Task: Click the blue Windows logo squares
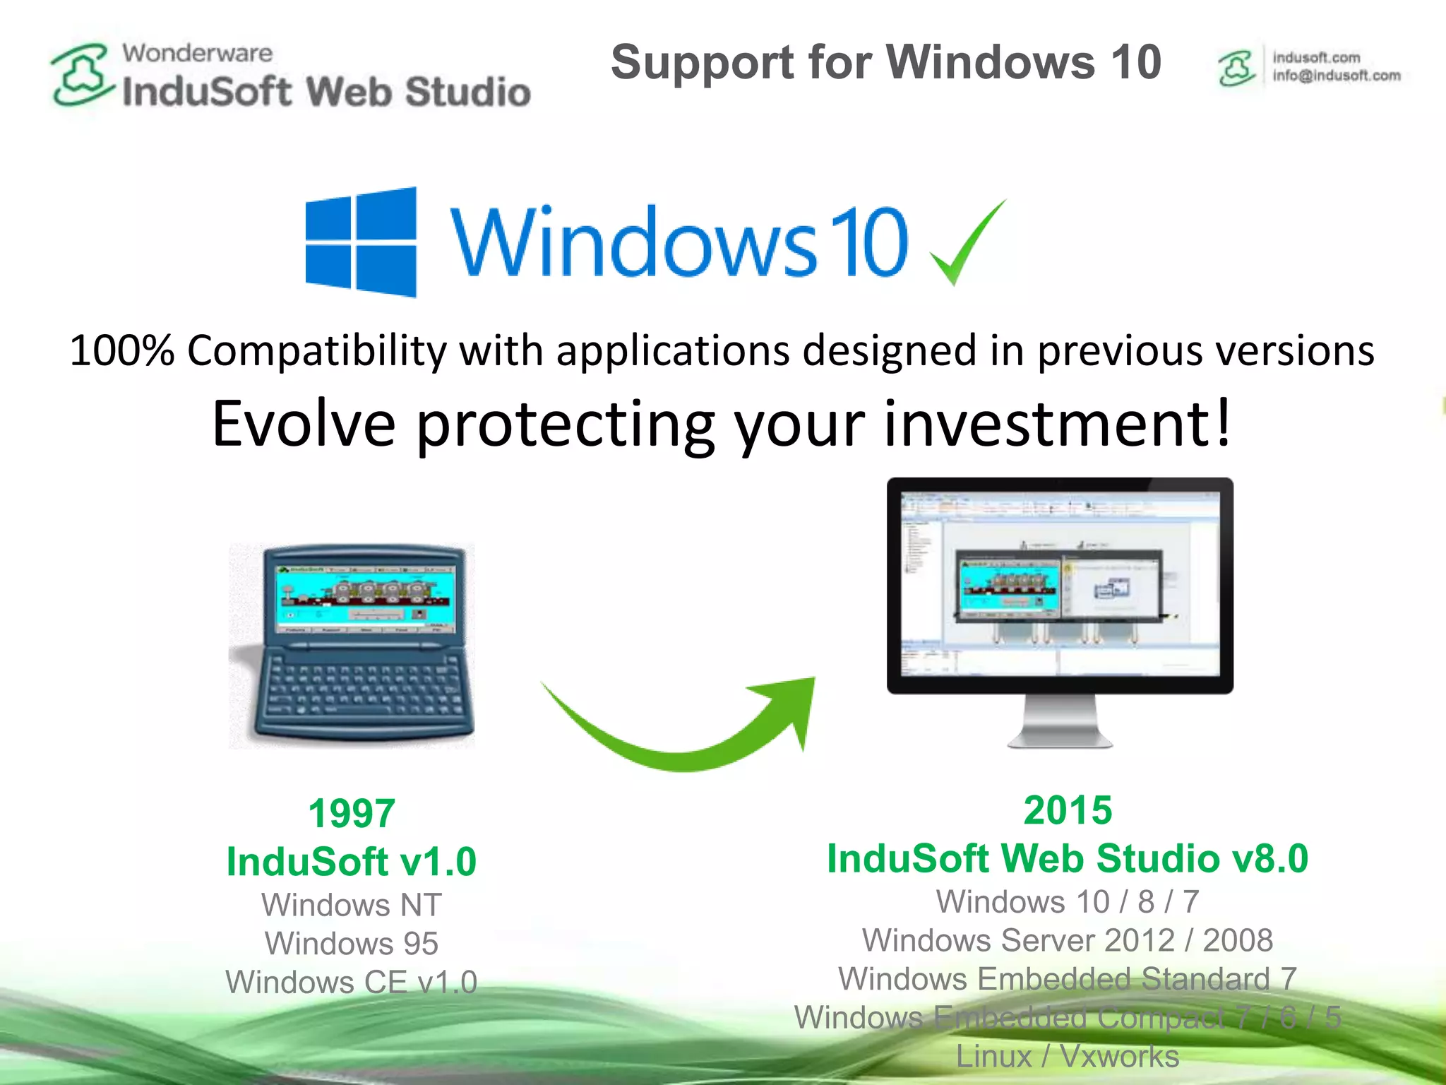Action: (x=361, y=242)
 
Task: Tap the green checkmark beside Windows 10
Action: (x=966, y=244)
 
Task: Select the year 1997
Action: (x=352, y=813)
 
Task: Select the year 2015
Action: (x=1068, y=810)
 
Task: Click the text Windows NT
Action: (x=352, y=905)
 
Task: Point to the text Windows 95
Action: (x=352, y=944)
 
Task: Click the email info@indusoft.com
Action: (x=1337, y=76)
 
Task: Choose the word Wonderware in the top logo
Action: (x=197, y=53)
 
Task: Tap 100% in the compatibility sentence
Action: (x=121, y=350)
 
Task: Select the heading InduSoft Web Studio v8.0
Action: (x=1068, y=858)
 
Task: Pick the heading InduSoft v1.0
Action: (x=352, y=862)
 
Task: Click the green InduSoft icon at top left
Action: (x=82, y=75)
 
